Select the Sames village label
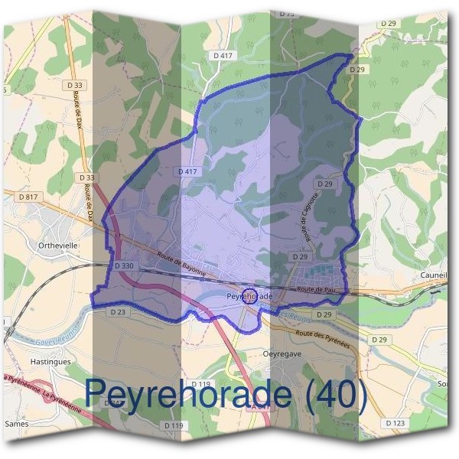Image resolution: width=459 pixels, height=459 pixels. pos(16,422)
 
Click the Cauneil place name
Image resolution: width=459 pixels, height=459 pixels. pos(434,276)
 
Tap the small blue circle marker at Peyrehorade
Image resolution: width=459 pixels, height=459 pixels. pos(248,297)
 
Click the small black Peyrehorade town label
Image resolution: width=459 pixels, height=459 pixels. pos(250,294)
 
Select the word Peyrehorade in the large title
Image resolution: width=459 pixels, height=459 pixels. pos(188,393)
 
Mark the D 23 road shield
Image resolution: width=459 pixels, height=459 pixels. pos(117,312)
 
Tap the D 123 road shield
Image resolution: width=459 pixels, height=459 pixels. pos(396,423)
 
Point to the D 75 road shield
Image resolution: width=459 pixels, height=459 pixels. pos(288,14)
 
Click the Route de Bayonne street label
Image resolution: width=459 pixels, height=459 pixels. pos(182,265)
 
